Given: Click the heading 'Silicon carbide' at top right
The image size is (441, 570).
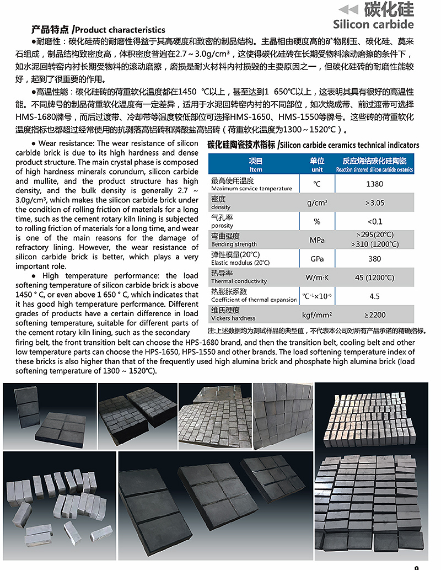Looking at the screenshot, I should click(x=373, y=24).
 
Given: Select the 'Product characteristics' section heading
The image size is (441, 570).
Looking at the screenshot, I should click(x=99, y=29).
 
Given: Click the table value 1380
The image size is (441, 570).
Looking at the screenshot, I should click(x=374, y=184).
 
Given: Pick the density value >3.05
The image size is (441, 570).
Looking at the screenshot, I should click(x=374, y=203).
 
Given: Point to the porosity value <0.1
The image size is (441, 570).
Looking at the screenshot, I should click(x=374, y=221).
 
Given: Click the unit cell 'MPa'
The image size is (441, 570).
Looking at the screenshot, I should click(x=317, y=240).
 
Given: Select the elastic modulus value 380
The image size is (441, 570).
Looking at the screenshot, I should click(x=374, y=258).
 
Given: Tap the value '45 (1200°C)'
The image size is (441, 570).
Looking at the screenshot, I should click(x=374, y=277).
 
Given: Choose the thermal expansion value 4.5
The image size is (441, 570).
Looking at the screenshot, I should click(x=374, y=296).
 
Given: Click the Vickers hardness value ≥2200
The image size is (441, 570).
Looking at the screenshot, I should click(x=374, y=315).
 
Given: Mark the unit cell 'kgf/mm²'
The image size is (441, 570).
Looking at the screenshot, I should click(x=317, y=315).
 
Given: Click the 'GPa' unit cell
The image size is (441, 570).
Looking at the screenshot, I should click(x=317, y=258).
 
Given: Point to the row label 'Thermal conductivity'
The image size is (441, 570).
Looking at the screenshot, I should click(x=239, y=281).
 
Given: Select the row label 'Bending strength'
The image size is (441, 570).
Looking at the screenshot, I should click(x=234, y=244).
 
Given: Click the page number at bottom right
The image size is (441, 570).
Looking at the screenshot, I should click(x=416, y=567).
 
